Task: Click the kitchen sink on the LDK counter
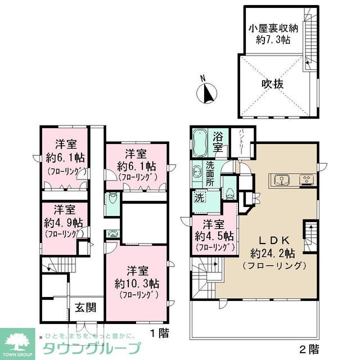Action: tap(281, 180)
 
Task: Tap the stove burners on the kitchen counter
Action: tap(307, 180)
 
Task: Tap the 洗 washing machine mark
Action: tap(200, 198)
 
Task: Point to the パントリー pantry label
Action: tap(241, 139)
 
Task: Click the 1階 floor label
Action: tap(159, 332)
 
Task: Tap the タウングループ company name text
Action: tap(87, 347)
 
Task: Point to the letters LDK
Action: tap(272, 238)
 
